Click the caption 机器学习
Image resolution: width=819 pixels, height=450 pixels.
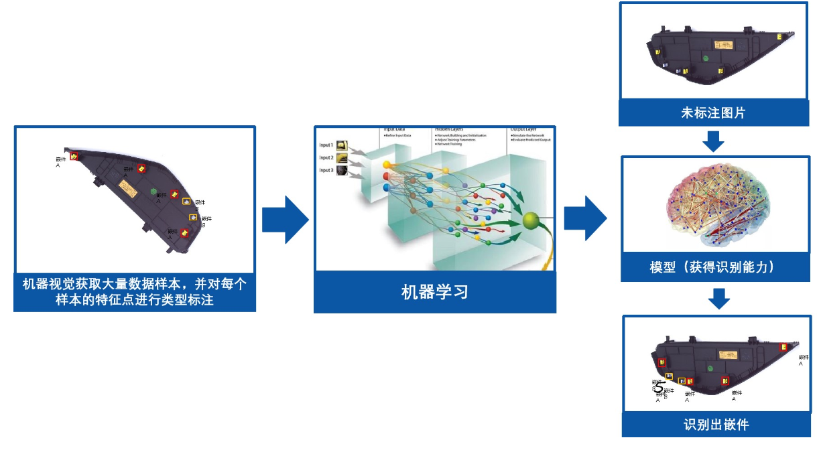pyautogui.click(x=434, y=292)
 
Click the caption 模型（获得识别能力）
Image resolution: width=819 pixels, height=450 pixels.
pyautogui.click(x=716, y=267)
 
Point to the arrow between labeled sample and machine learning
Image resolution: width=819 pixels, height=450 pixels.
pyautogui.click(x=285, y=220)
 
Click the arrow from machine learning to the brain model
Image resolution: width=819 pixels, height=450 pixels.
pyautogui.click(x=585, y=218)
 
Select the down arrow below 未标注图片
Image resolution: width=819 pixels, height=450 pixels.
pyautogui.click(x=714, y=141)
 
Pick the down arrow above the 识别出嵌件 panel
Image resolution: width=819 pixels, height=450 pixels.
pyautogui.click(x=718, y=299)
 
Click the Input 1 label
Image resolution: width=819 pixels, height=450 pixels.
pyautogui.click(x=326, y=145)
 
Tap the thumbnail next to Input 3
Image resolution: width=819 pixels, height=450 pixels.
pyautogui.click(x=342, y=171)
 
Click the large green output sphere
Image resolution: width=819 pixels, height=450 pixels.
pyautogui.click(x=531, y=221)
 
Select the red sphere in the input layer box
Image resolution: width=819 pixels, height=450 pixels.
pyautogui.click(x=386, y=176)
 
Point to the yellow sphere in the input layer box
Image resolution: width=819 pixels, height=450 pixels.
pyautogui.click(x=387, y=165)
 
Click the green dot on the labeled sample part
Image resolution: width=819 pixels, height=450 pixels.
pyautogui.click(x=153, y=192)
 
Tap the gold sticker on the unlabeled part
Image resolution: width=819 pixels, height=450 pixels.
pyautogui.click(x=724, y=45)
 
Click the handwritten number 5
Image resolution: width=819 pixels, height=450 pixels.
pyautogui.click(x=659, y=388)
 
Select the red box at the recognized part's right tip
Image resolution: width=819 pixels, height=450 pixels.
pyautogui.click(x=783, y=347)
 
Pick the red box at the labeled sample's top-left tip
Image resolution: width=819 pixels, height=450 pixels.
pyautogui.click(x=74, y=156)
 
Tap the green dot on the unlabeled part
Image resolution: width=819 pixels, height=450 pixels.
pyautogui.click(x=705, y=58)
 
